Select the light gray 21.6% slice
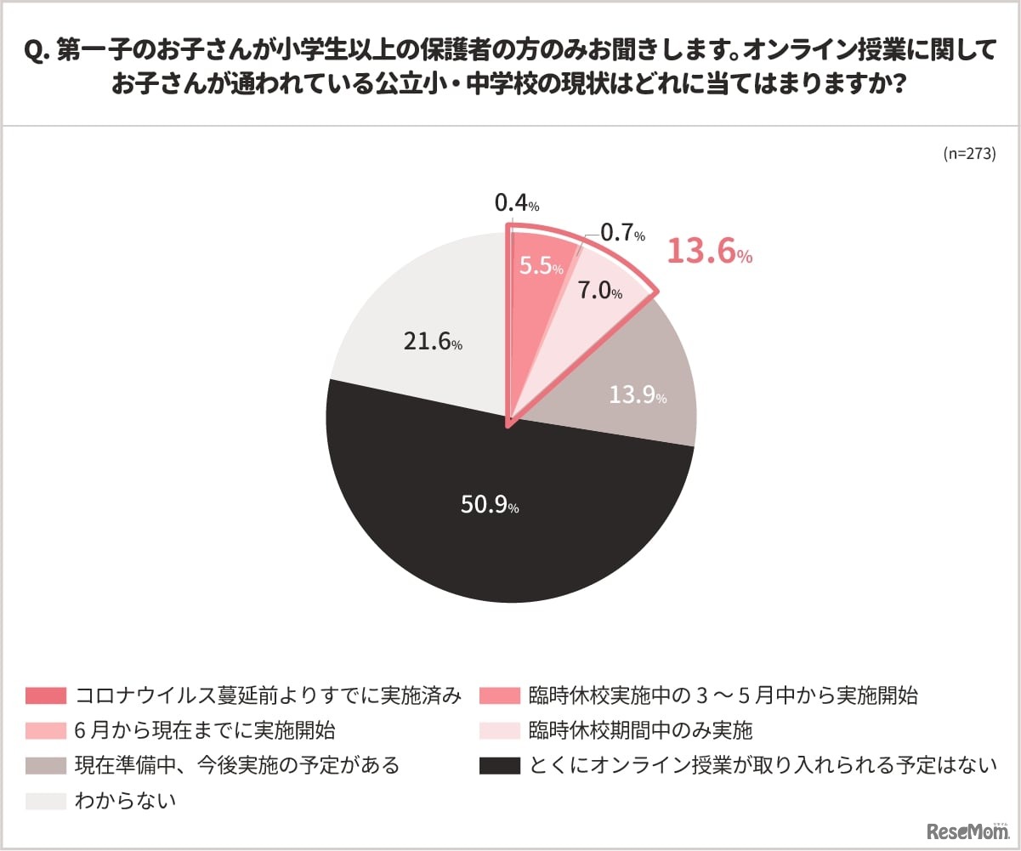tap(417, 323)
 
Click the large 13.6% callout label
tap(708, 252)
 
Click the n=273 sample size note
tap(969, 154)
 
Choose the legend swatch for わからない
tap(46, 800)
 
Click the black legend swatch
tap(499, 765)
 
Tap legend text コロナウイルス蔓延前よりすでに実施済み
tap(269, 695)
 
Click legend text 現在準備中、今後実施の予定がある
tap(237, 765)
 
